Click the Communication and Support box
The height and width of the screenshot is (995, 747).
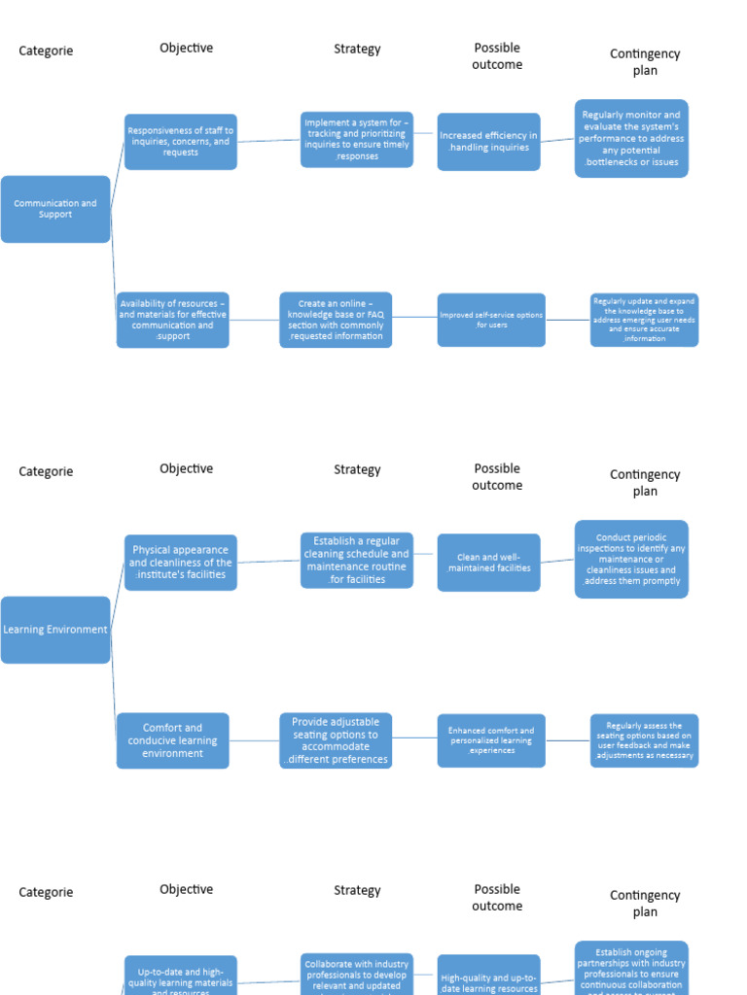point(55,209)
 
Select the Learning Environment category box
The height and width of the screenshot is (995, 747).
point(55,630)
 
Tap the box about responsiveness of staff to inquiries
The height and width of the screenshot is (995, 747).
point(181,142)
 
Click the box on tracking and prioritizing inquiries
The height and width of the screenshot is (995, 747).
point(357,139)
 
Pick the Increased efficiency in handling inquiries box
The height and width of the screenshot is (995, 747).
point(488,142)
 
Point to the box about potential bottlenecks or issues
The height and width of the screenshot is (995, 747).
point(631,138)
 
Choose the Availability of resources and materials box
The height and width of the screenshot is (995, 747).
point(173,320)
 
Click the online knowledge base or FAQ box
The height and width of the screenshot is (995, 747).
point(336,320)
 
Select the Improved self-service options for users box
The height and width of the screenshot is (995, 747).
point(491,320)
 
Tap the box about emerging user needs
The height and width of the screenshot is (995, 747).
point(644,320)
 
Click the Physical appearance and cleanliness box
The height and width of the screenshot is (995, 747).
point(181,563)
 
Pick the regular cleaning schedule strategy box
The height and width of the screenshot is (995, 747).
point(357,560)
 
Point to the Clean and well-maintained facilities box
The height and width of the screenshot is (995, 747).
point(488,563)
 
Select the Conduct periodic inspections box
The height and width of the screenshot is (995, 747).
point(631,559)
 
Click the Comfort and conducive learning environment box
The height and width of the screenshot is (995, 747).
point(173,740)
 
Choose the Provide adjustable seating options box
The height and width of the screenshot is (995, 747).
point(336,740)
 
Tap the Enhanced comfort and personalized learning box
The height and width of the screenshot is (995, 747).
point(491,740)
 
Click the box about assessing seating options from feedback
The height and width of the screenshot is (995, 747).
point(644,740)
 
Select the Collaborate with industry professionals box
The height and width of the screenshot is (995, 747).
point(357,974)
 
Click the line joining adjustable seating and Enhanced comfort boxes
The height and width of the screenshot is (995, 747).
point(414,738)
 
